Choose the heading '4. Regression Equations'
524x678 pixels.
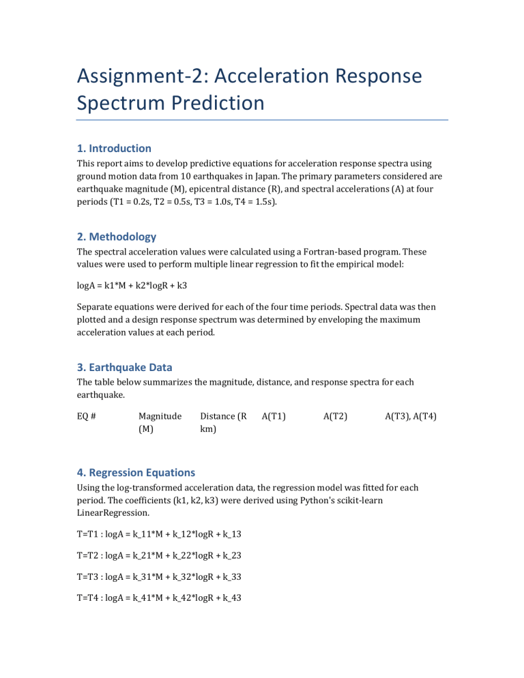pos(135,472)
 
